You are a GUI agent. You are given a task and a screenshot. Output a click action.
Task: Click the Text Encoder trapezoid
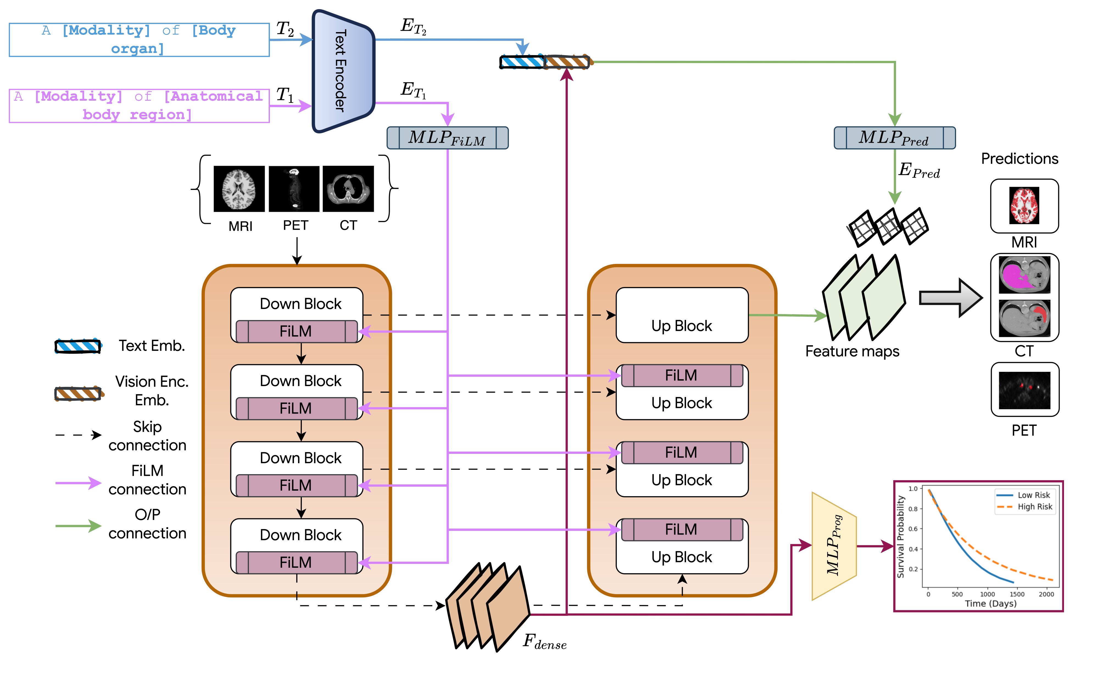[343, 71]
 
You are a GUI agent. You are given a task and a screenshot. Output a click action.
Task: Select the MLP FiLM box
[447, 138]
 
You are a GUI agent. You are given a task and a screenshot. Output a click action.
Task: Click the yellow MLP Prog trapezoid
[834, 546]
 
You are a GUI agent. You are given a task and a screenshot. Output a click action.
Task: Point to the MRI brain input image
[239, 189]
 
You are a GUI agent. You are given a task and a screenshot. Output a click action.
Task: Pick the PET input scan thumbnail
[294, 189]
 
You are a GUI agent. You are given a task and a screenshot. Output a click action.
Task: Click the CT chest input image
[348, 189]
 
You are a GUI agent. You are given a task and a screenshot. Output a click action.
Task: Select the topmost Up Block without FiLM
[682, 315]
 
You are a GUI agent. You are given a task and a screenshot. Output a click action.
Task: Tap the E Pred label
[919, 171]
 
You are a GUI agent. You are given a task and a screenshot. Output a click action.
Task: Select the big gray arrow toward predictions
[950, 298]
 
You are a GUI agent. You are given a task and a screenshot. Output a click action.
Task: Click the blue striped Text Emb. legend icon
[78, 346]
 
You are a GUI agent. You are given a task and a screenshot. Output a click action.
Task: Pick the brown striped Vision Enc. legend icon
[78, 393]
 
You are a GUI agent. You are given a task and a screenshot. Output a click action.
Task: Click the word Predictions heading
[1020, 159]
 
